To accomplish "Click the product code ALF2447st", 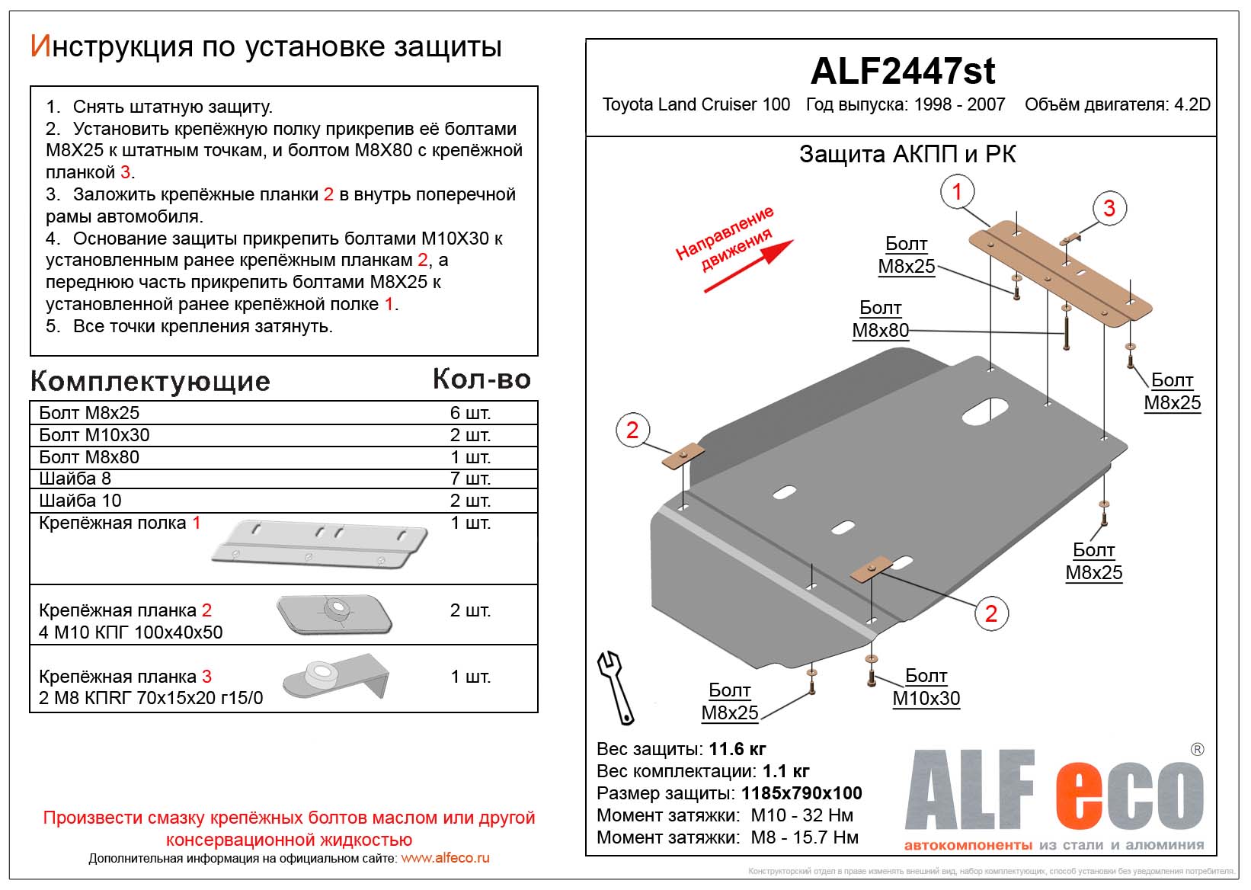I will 902,71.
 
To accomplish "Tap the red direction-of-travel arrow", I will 748,266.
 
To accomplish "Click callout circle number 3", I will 1109,208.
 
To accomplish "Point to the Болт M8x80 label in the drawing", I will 880,319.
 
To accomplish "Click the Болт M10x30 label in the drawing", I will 926,687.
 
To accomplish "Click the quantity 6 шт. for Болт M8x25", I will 470,413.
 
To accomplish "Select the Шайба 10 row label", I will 80,501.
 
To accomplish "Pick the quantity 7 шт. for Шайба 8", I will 470,479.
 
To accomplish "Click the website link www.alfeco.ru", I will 445,858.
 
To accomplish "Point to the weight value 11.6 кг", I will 737,749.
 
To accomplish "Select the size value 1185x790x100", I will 801,793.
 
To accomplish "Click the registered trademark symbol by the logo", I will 1197,750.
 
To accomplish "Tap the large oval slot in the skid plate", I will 985,411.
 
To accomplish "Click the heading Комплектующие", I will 150,381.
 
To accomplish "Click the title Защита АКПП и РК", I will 907,155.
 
